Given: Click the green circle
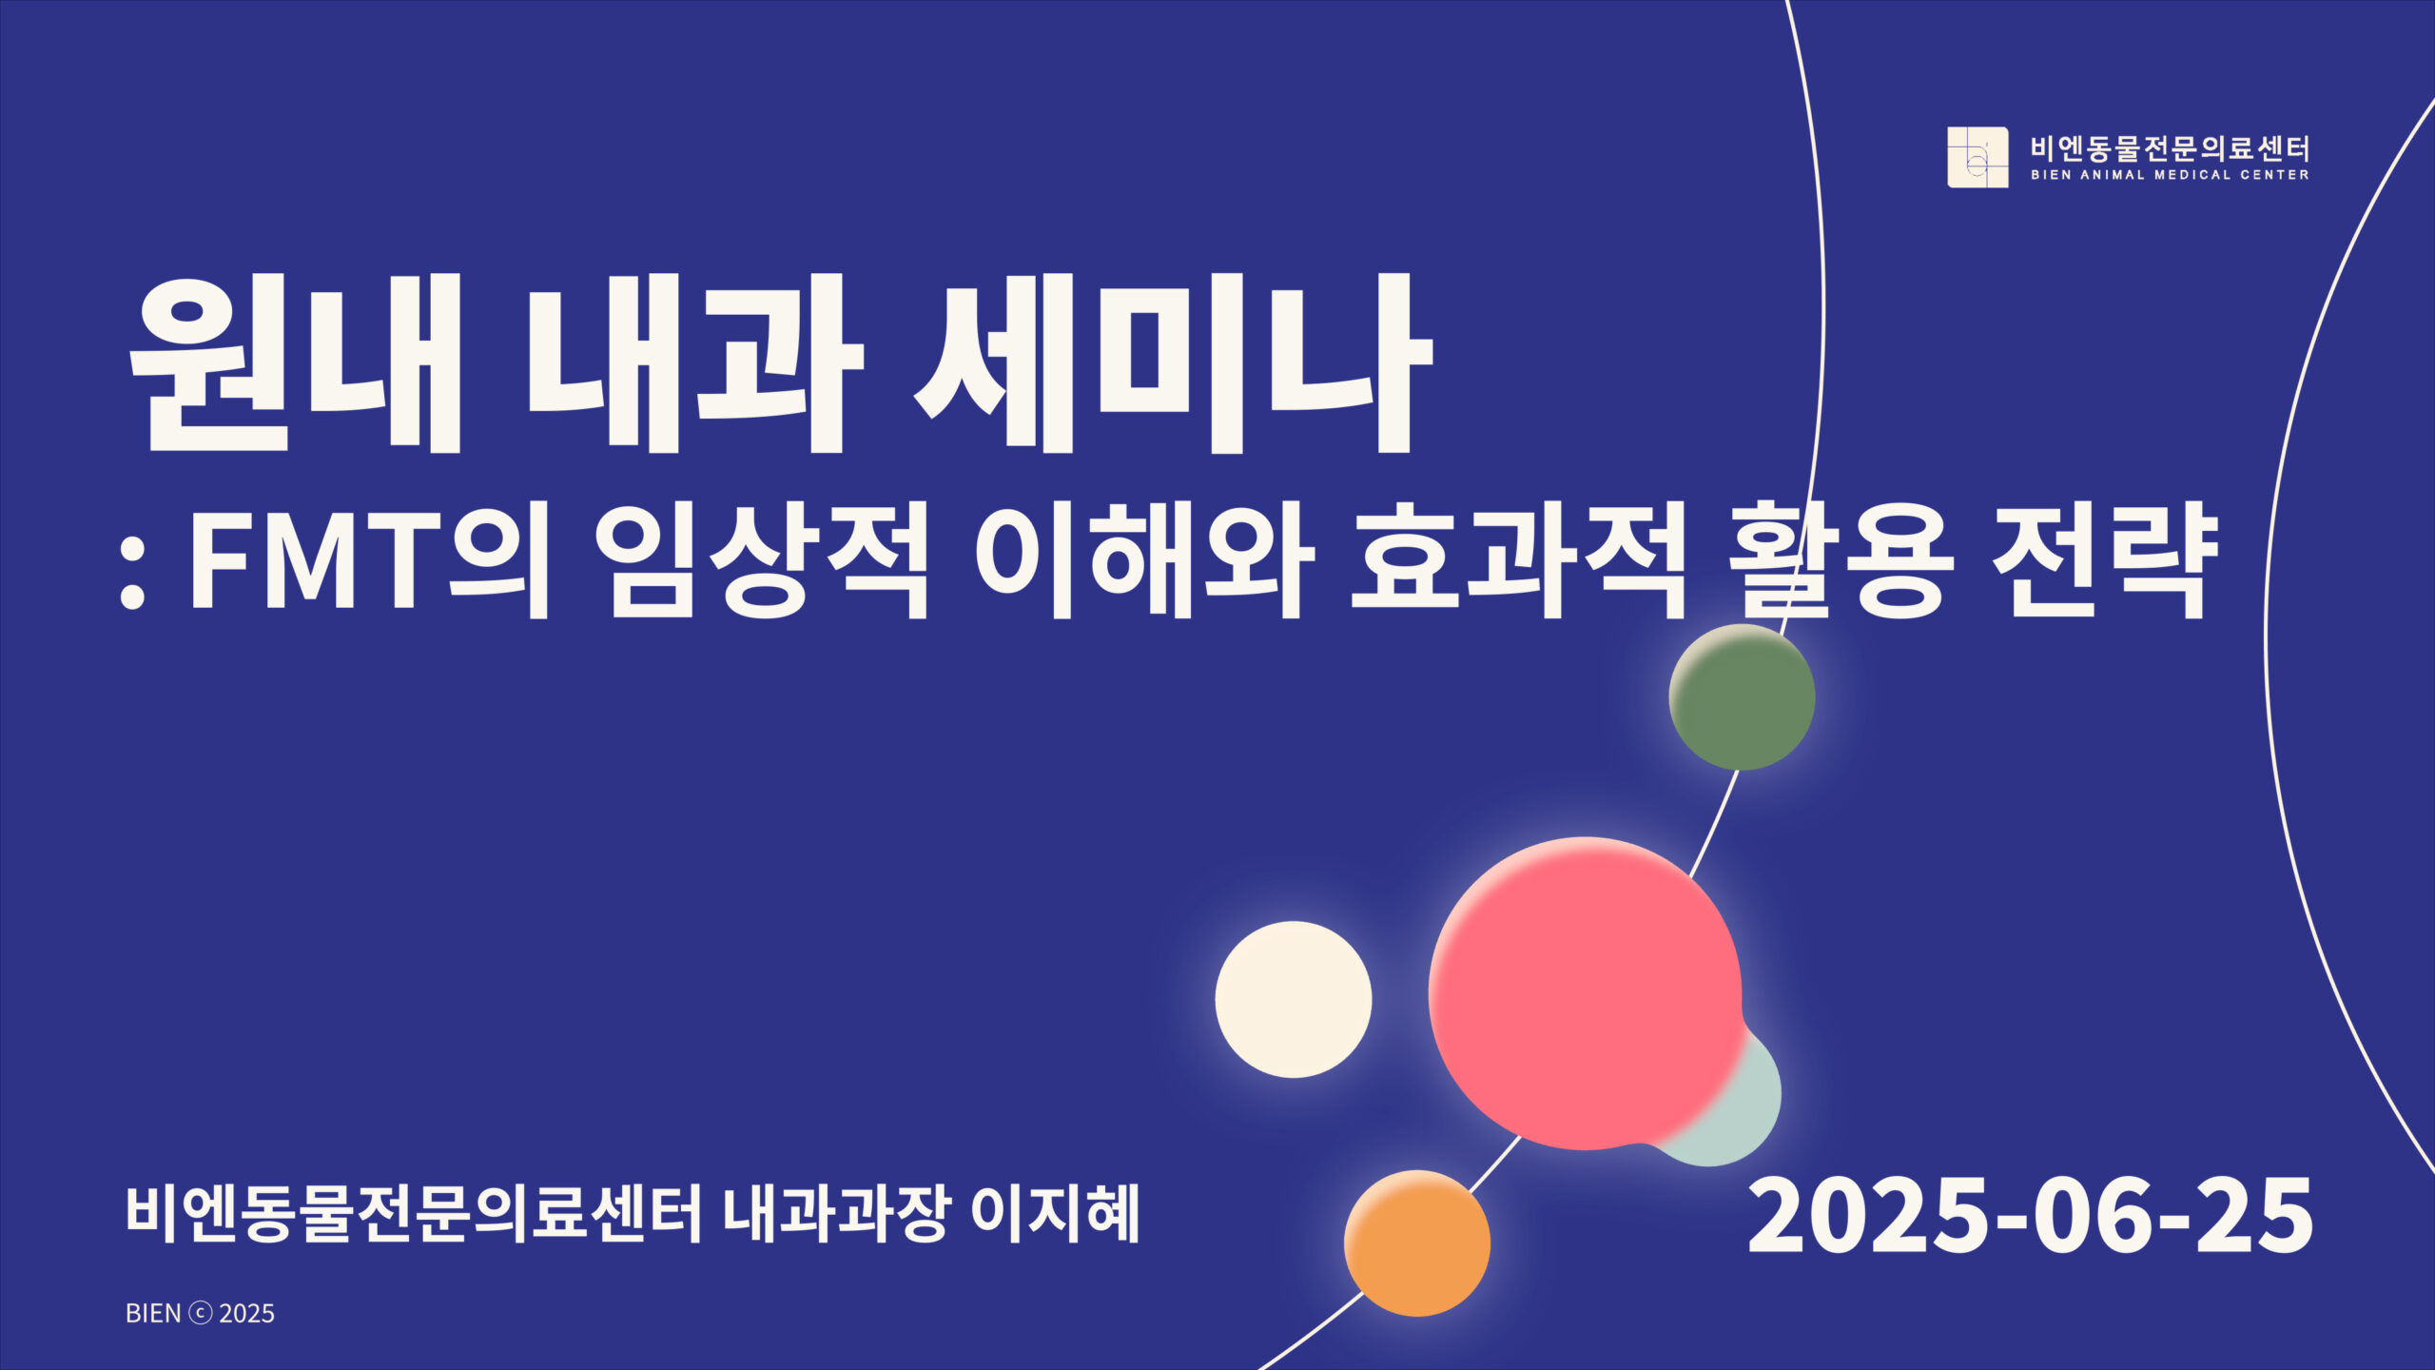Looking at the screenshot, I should click(x=1742, y=697).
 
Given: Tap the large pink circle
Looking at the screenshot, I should click(x=1585, y=993).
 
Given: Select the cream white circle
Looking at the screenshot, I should click(x=1294, y=999).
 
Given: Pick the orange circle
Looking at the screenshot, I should click(x=1417, y=1243).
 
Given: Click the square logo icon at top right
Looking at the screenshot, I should click(x=1977, y=157).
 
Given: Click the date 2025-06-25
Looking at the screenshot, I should click(x=2030, y=1216).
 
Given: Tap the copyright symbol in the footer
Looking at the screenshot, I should click(x=200, y=1314).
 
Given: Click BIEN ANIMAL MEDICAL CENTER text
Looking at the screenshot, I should click(x=2170, y=175).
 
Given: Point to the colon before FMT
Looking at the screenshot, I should click(x=132, y=580).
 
